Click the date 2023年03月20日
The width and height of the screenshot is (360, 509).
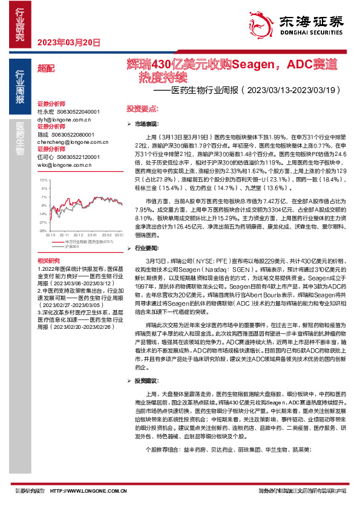[68, 42]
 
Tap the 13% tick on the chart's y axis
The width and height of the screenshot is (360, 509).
[42, 180]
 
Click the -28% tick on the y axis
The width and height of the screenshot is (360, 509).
[42, 230]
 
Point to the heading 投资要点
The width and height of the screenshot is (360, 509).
[142, 108]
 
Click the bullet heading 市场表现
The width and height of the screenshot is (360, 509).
[147, 123]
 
